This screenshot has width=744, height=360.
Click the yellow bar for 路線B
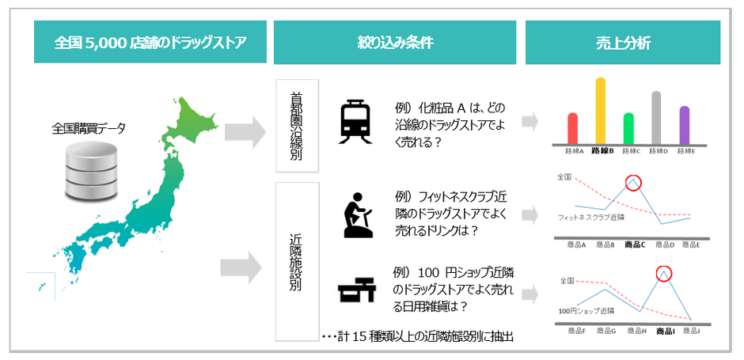coord(600,110)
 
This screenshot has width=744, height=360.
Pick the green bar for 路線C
coord(628,128)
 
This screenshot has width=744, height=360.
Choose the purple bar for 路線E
coord(684,124)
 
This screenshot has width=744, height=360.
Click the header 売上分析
coord(622,43)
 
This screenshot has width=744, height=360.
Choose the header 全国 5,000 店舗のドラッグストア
coord(150,43)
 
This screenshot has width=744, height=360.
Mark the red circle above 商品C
coord(634,184)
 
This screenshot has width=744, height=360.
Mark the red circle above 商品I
coord(663,274)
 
